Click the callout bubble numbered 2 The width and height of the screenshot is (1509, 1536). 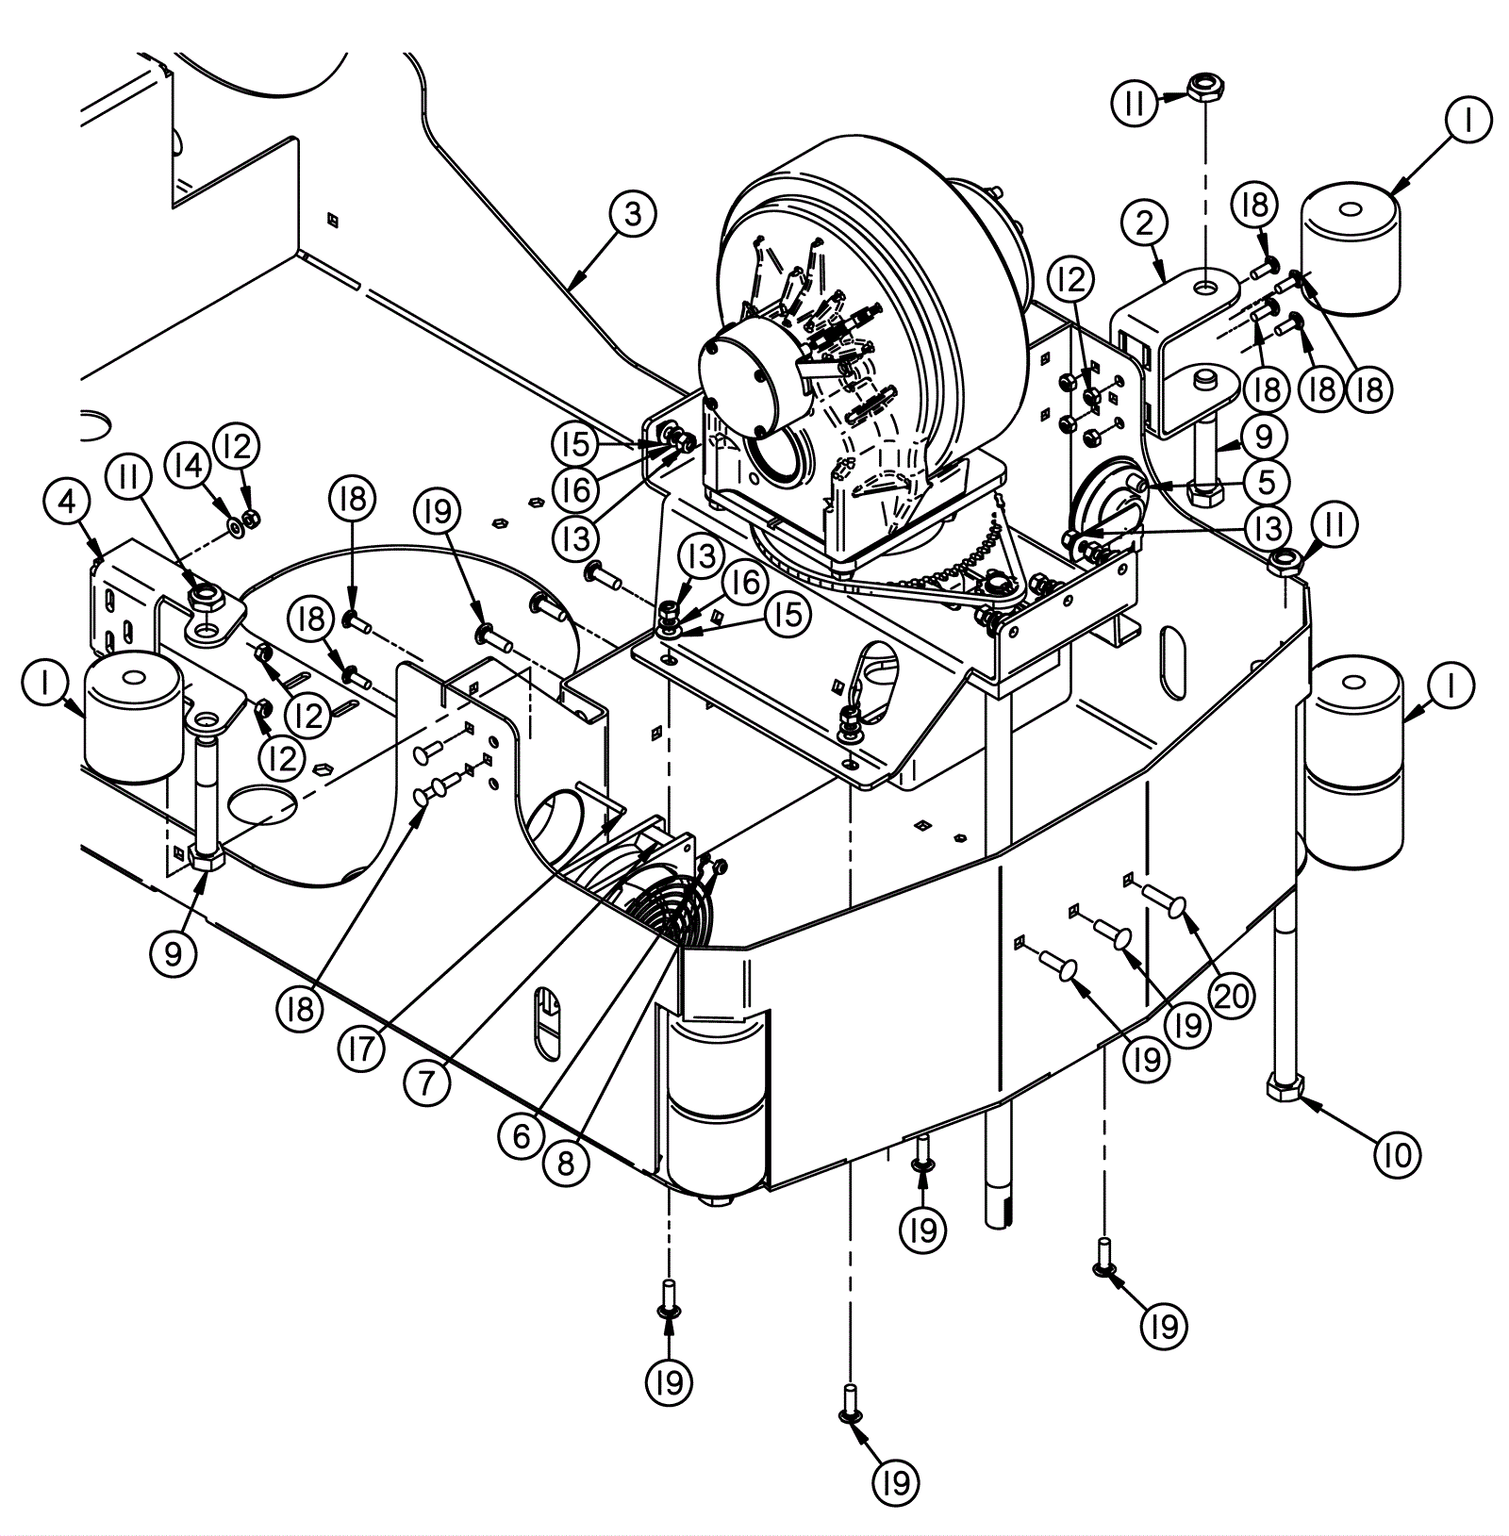click(1145, 223)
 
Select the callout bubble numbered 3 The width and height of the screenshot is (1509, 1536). click(632, 214)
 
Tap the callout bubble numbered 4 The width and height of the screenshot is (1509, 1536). click(68, 503)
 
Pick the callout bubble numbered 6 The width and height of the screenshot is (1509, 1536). click(522, 1136)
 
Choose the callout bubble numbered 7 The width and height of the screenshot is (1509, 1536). click(426, 1083)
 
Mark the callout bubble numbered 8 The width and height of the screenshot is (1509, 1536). click(566, 1164)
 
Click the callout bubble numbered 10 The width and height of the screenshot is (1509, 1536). click(1397, 1154)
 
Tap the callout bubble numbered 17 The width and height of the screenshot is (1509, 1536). click(360, 1049)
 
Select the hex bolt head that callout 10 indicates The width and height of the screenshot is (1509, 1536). click(1285, 1090)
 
